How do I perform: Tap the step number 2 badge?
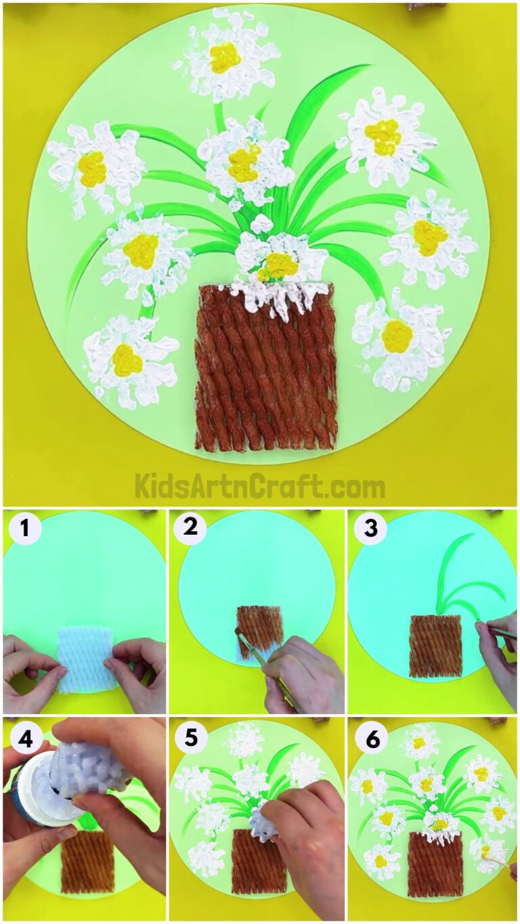pyautogui.click(x=191, y=529)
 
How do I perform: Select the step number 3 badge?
pyautogui.click(x=370, y=529)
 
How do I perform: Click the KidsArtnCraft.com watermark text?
pyautogui.click(x=260, y=486)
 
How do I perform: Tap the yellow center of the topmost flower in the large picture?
pyautogui.click(x=225, y=57)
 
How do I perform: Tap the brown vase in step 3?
pyautogui.click(x=435, y=646)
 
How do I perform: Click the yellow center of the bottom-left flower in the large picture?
pyautogui.click(x=127, y=359)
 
